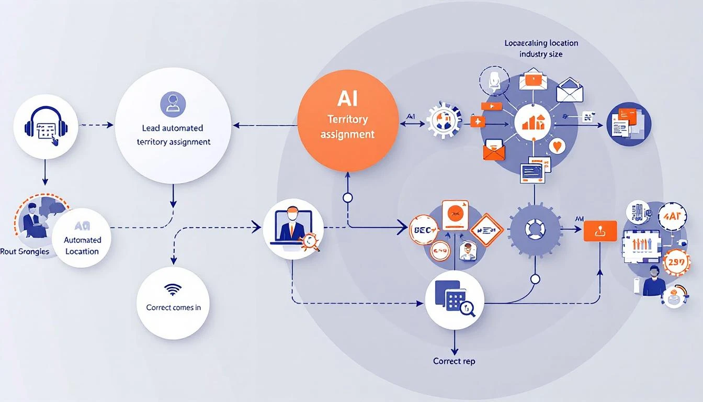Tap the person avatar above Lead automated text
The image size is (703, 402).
172,103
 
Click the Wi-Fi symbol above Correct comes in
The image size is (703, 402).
173,289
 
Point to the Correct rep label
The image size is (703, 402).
454,361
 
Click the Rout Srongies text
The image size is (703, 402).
25,252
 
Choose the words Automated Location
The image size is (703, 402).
82,245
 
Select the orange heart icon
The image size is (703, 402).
558,146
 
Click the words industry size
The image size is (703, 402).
541,54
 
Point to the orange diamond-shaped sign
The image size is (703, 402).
486,230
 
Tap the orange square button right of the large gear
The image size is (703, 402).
600,231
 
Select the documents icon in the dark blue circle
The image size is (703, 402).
629,124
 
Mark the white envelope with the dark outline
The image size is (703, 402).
569,91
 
